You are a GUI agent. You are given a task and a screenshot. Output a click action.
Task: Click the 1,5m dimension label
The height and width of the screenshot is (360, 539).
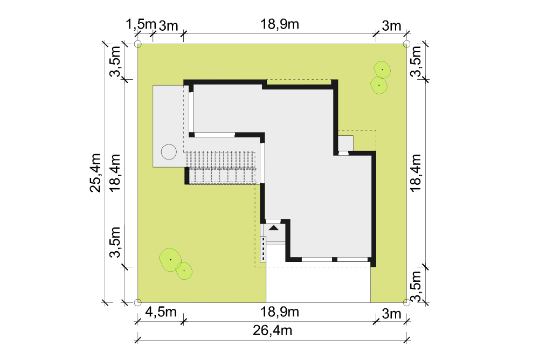[x=141, y=25]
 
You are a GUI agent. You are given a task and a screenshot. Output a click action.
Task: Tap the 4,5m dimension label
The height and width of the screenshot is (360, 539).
[x=161, y=312]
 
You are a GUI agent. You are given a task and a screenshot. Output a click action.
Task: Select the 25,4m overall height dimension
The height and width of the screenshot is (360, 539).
[x=95, y=172]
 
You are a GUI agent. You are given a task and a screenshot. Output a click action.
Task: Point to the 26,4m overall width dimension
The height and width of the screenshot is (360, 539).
[x=272, y=330]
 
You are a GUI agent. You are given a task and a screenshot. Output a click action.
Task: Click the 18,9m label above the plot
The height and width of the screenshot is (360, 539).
[x=279, y=24]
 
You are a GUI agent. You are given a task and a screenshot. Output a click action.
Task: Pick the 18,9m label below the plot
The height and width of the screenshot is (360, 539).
[x=279, y=312]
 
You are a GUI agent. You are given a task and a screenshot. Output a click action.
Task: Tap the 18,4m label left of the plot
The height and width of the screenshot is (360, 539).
[x=115, y=172]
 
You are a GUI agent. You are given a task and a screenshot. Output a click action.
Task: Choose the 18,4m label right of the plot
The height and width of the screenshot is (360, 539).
[x=416, y=172]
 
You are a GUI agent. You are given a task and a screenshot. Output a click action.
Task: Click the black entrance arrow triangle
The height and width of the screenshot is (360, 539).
[x=274, y=227]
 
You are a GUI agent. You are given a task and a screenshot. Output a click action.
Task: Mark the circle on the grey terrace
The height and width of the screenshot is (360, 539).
[x=169, y=151]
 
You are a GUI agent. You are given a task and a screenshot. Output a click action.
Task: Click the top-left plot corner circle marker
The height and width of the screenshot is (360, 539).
[x=137, y=44]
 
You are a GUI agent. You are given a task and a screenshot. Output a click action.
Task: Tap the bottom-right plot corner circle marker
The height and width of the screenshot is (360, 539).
[x=406, y=302]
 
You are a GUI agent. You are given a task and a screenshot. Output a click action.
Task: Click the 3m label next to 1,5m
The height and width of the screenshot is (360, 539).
[x=169, y=26]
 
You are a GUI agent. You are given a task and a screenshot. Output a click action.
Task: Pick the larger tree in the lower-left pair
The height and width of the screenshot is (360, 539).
[x=170, y=260]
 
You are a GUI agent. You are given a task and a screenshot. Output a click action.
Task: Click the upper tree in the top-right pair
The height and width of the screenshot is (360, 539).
[x=382, y=70]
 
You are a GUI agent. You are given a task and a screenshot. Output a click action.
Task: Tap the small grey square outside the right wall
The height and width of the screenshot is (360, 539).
[x=345, y=143]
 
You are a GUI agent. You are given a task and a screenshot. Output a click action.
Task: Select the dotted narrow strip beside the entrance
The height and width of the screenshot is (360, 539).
[x=264, y=249]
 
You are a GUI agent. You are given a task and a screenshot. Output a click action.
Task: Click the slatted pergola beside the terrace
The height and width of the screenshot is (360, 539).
[x=222, y=168]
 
